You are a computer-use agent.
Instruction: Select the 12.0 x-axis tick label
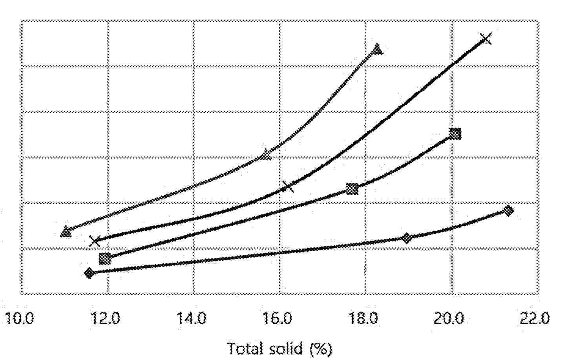107,318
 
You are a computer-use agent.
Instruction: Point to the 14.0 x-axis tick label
192,318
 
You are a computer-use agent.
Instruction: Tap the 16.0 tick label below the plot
279,318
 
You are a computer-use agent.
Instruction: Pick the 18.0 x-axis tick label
365,318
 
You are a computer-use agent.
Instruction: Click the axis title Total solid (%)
279,348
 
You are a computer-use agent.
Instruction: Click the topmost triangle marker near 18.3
377,49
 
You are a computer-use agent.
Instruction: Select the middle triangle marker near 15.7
266,155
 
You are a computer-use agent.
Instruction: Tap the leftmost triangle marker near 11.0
66,232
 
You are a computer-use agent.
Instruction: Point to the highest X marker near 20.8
486,38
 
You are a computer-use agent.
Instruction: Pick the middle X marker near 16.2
288,186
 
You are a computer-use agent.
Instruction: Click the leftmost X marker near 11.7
95,241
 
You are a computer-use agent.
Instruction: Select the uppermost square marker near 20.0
455,134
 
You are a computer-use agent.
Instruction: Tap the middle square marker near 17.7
352,189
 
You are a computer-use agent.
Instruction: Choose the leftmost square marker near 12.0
105,258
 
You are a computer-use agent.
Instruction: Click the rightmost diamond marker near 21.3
508,211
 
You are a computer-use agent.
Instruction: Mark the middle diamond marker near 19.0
407,238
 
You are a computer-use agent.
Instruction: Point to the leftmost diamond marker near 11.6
89,273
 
